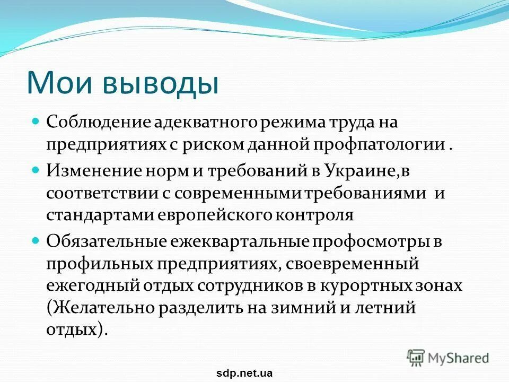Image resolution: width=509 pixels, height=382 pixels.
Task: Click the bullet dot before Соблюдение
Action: pos(36,121)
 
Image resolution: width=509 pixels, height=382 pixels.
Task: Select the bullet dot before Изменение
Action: pos(36,170)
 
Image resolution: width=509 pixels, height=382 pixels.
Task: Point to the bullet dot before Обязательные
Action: pos(36,239)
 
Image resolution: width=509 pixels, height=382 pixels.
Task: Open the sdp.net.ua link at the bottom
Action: pos(244,373)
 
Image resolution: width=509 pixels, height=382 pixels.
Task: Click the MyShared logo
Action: pos(448,357)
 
